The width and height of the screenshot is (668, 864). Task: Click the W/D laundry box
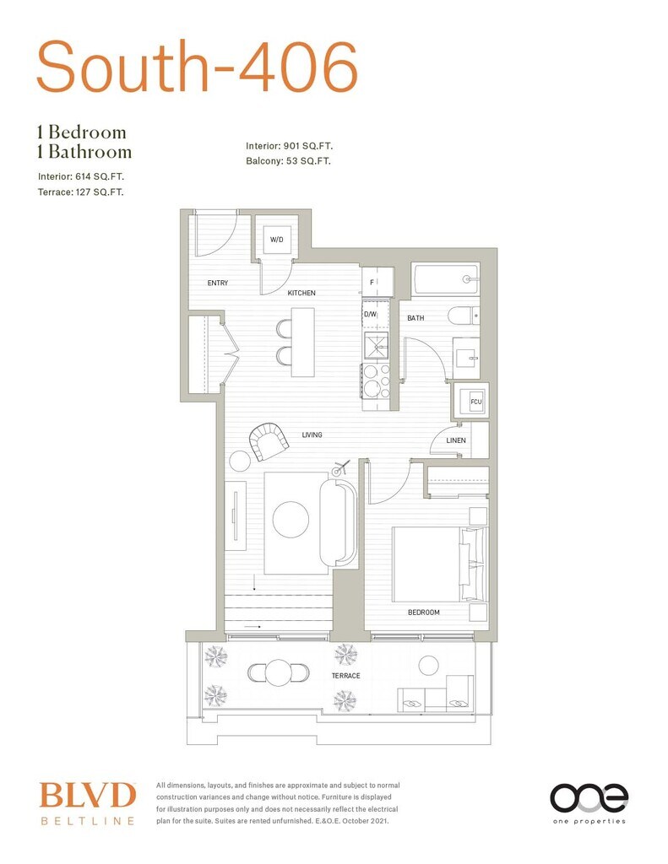(x=276, y=240)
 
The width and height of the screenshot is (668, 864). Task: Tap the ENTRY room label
(x=218, y=283)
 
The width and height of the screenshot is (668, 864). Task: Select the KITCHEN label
(x=301, y=293)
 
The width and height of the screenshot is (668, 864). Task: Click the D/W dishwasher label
(x=370, y=314)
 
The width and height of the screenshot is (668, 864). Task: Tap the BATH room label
(x=415, y=318)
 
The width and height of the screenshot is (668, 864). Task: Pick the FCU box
(x=475, y=402)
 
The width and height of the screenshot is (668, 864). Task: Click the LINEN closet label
(x=456, y=440)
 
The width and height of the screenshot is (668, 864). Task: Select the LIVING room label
(x=312, y=435)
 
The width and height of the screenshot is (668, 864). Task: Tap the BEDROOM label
(x=424, y=613)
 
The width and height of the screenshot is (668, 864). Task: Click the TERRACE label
(x=345, y=676)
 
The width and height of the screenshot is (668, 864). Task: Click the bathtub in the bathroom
(x=446, y=278)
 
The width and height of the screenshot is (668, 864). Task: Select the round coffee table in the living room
(x=291, y=520)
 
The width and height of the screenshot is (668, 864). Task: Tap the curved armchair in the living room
(x=268, y=440)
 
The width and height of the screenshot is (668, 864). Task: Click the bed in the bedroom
(x=439, y=558)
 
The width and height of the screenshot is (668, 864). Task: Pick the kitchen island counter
(x=302, y=342)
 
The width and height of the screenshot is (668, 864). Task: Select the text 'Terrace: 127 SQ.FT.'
(x=87, y=192)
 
